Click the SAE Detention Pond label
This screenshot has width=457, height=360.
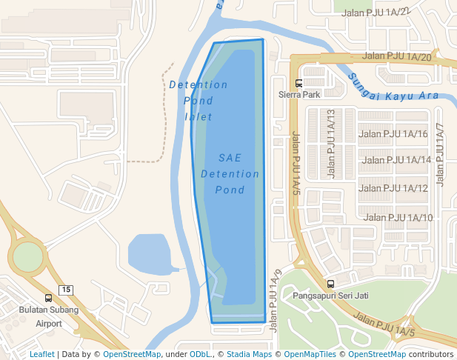coord(230,174)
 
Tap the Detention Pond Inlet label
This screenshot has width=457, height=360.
coord(199,101)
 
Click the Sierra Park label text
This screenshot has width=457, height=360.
coord(299,95)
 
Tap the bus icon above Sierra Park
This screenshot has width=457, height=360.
coord(298,84)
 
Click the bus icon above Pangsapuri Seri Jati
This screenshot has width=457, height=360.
coord(330,284)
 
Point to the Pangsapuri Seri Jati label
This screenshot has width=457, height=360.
coord(330,296)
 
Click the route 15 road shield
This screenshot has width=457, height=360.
coord(67,289)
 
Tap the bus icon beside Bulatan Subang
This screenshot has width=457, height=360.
coord(48,298)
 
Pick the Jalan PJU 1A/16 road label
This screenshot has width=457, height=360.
coord(393,134)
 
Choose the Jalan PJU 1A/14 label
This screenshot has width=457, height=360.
coord(397,160)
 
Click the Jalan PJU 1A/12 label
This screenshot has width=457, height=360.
coord(393,188)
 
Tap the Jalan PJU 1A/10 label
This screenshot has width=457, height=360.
coord(399,217)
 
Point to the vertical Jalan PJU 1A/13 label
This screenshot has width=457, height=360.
coord(331,144)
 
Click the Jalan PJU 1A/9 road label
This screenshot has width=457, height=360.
coord(276,300)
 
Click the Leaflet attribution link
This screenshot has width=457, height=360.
coord(41,354)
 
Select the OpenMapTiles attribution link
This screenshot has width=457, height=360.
coord(310,354)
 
